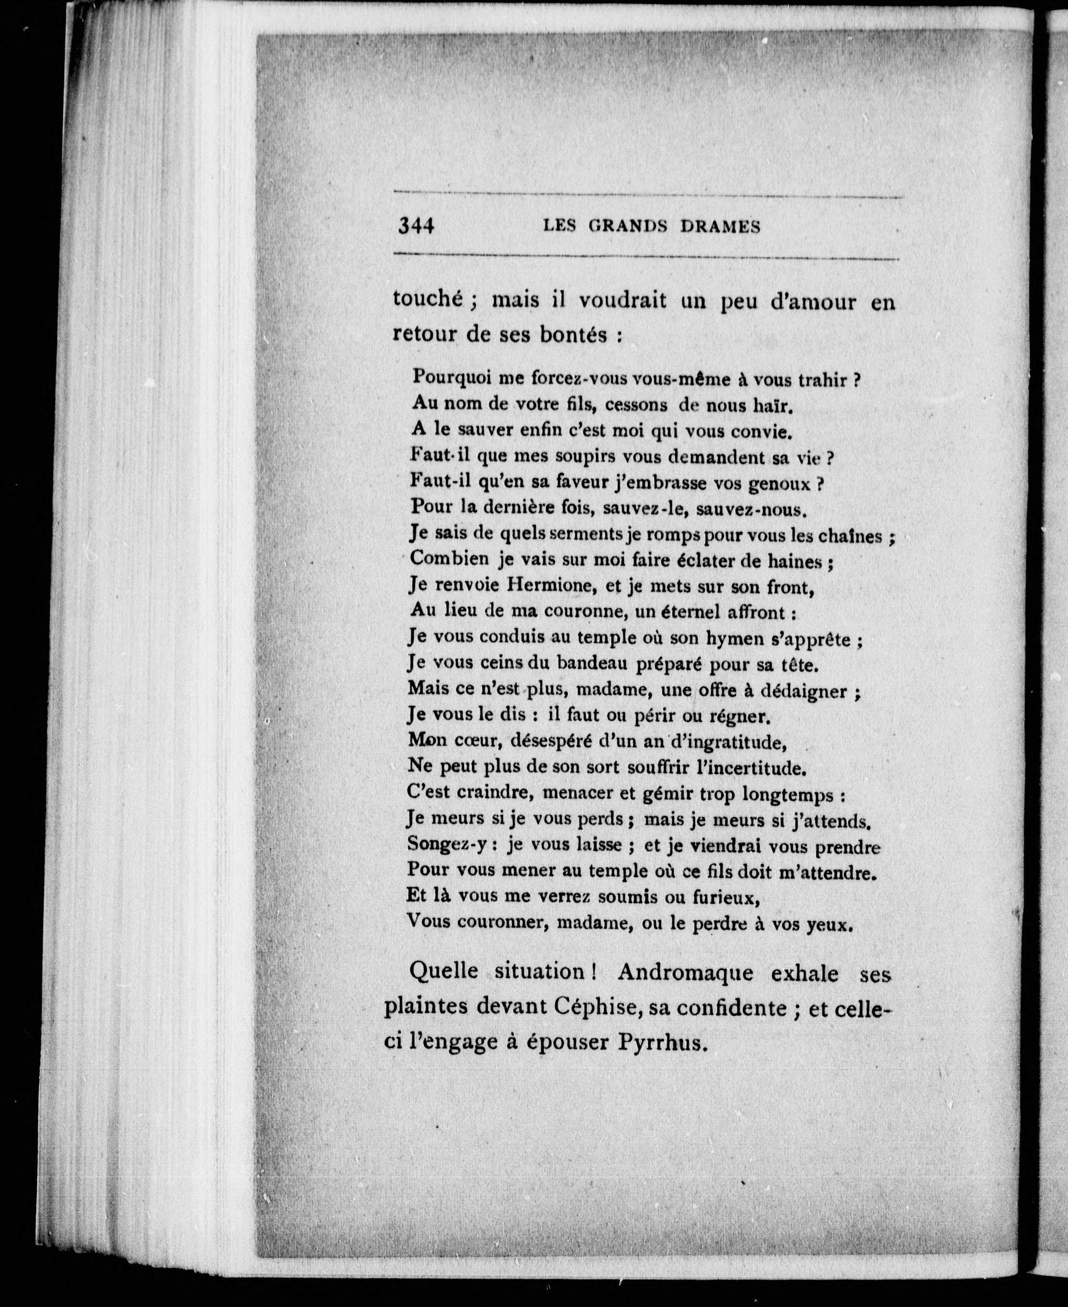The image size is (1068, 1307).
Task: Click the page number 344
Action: [x=416, y=226]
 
